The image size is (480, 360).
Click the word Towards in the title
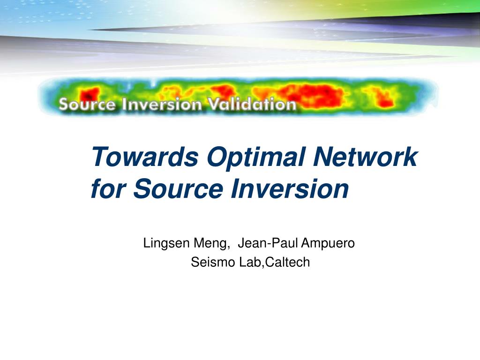[x=145, y=157]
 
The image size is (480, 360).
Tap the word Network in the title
[x=365, y=157]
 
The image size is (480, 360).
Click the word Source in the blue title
[x=178, y=189]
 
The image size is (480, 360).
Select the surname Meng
[x=210, y=244]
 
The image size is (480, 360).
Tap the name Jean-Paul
[x=268, y=243]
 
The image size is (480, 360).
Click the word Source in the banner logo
[x=87, y=105]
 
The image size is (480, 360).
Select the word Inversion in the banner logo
[x=162, y=105]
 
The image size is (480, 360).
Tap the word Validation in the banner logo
[x=252, y=104]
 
